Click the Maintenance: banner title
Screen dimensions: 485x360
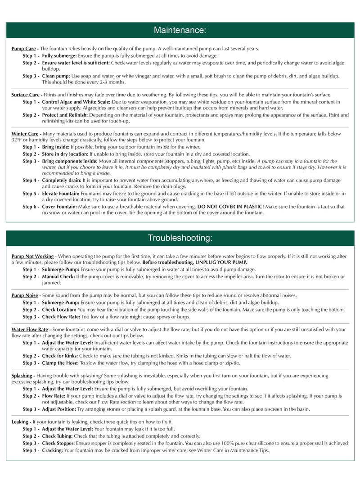click(180, 30)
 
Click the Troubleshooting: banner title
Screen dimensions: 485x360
click(180, 238)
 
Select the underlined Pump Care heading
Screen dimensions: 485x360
click(23, 49)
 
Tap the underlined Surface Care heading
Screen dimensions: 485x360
click(25, 95)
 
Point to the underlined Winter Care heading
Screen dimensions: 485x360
click(25, 134)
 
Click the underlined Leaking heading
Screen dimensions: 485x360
click(20, 422)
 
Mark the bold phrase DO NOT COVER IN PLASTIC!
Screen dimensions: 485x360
click(231, 207)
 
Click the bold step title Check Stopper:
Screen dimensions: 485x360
click(58, 443)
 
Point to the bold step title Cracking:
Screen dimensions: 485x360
click(52, 450)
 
